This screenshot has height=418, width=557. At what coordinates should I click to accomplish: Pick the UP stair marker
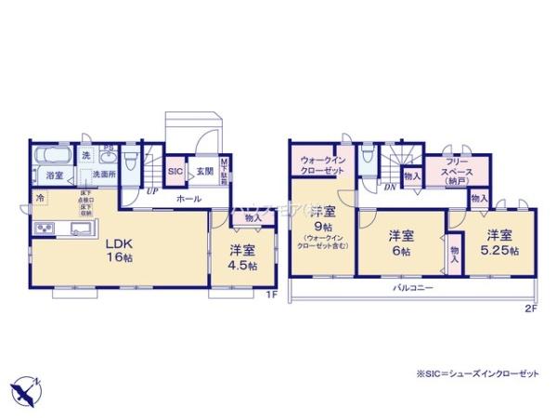tap(150, 191)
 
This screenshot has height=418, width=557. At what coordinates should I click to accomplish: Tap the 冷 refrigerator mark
tap(40, 198)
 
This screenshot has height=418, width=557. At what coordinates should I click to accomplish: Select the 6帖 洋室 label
tap(399, 243)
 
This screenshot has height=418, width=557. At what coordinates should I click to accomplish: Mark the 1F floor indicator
tap(271, 295)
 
